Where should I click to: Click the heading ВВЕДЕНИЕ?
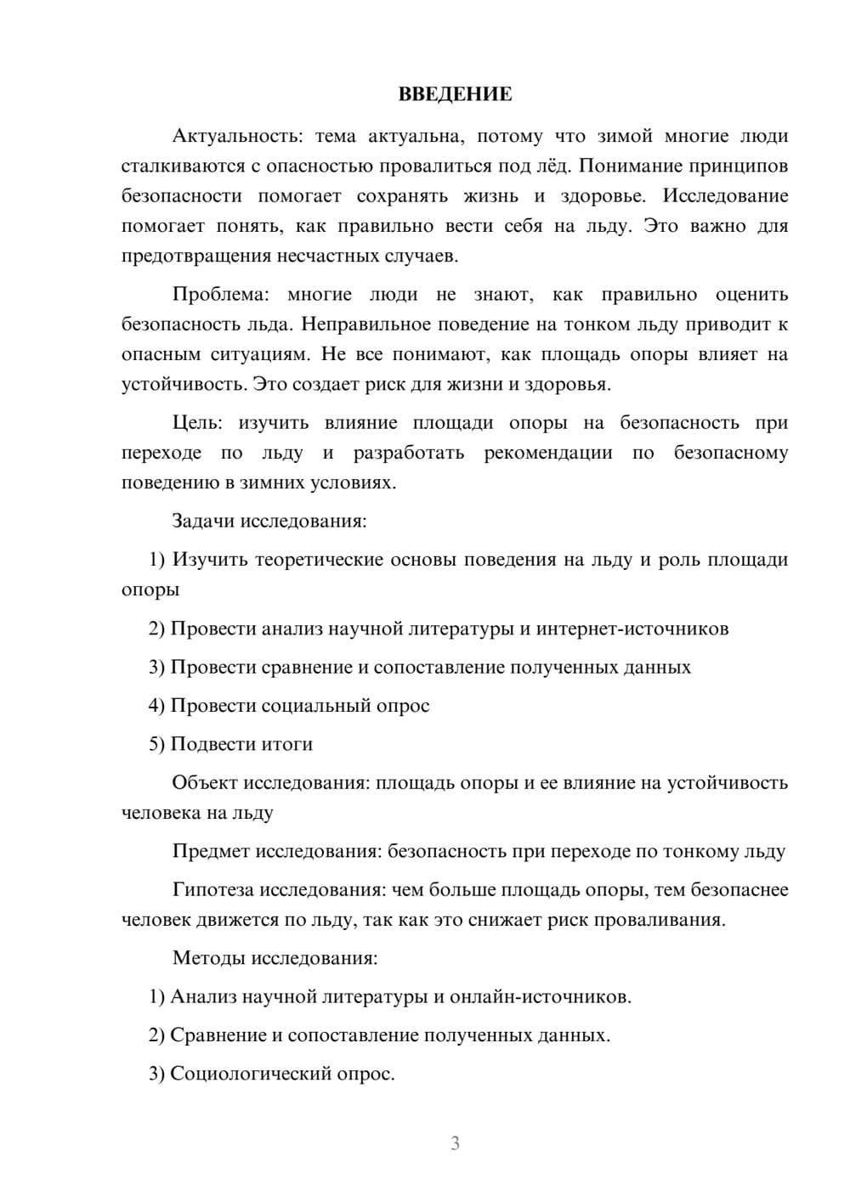455,94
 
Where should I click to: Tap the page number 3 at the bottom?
455,1143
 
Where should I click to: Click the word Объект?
205,783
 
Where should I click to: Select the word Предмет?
212,852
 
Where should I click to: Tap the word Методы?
208,958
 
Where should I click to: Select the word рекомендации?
548,453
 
